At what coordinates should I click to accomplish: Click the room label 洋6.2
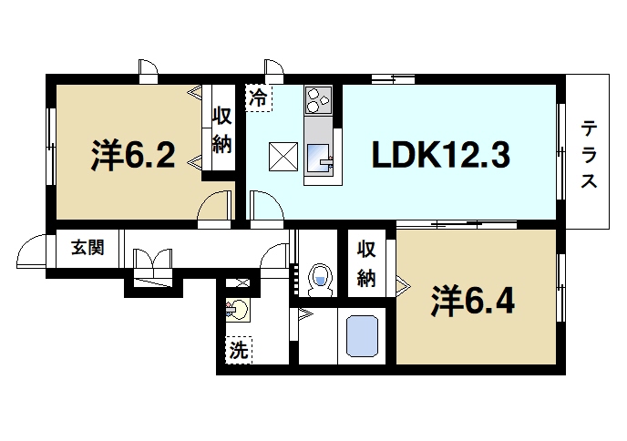coord(133,156)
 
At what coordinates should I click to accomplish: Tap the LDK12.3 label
coord(438,156)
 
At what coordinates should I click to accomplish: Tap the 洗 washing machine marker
coord(238,348)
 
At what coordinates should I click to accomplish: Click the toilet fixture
coord(319,278)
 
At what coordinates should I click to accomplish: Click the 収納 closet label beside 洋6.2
coord(222,129)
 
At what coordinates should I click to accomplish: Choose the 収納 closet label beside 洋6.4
coord(366,263)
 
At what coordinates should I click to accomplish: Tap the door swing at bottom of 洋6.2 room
coord(215,206)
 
